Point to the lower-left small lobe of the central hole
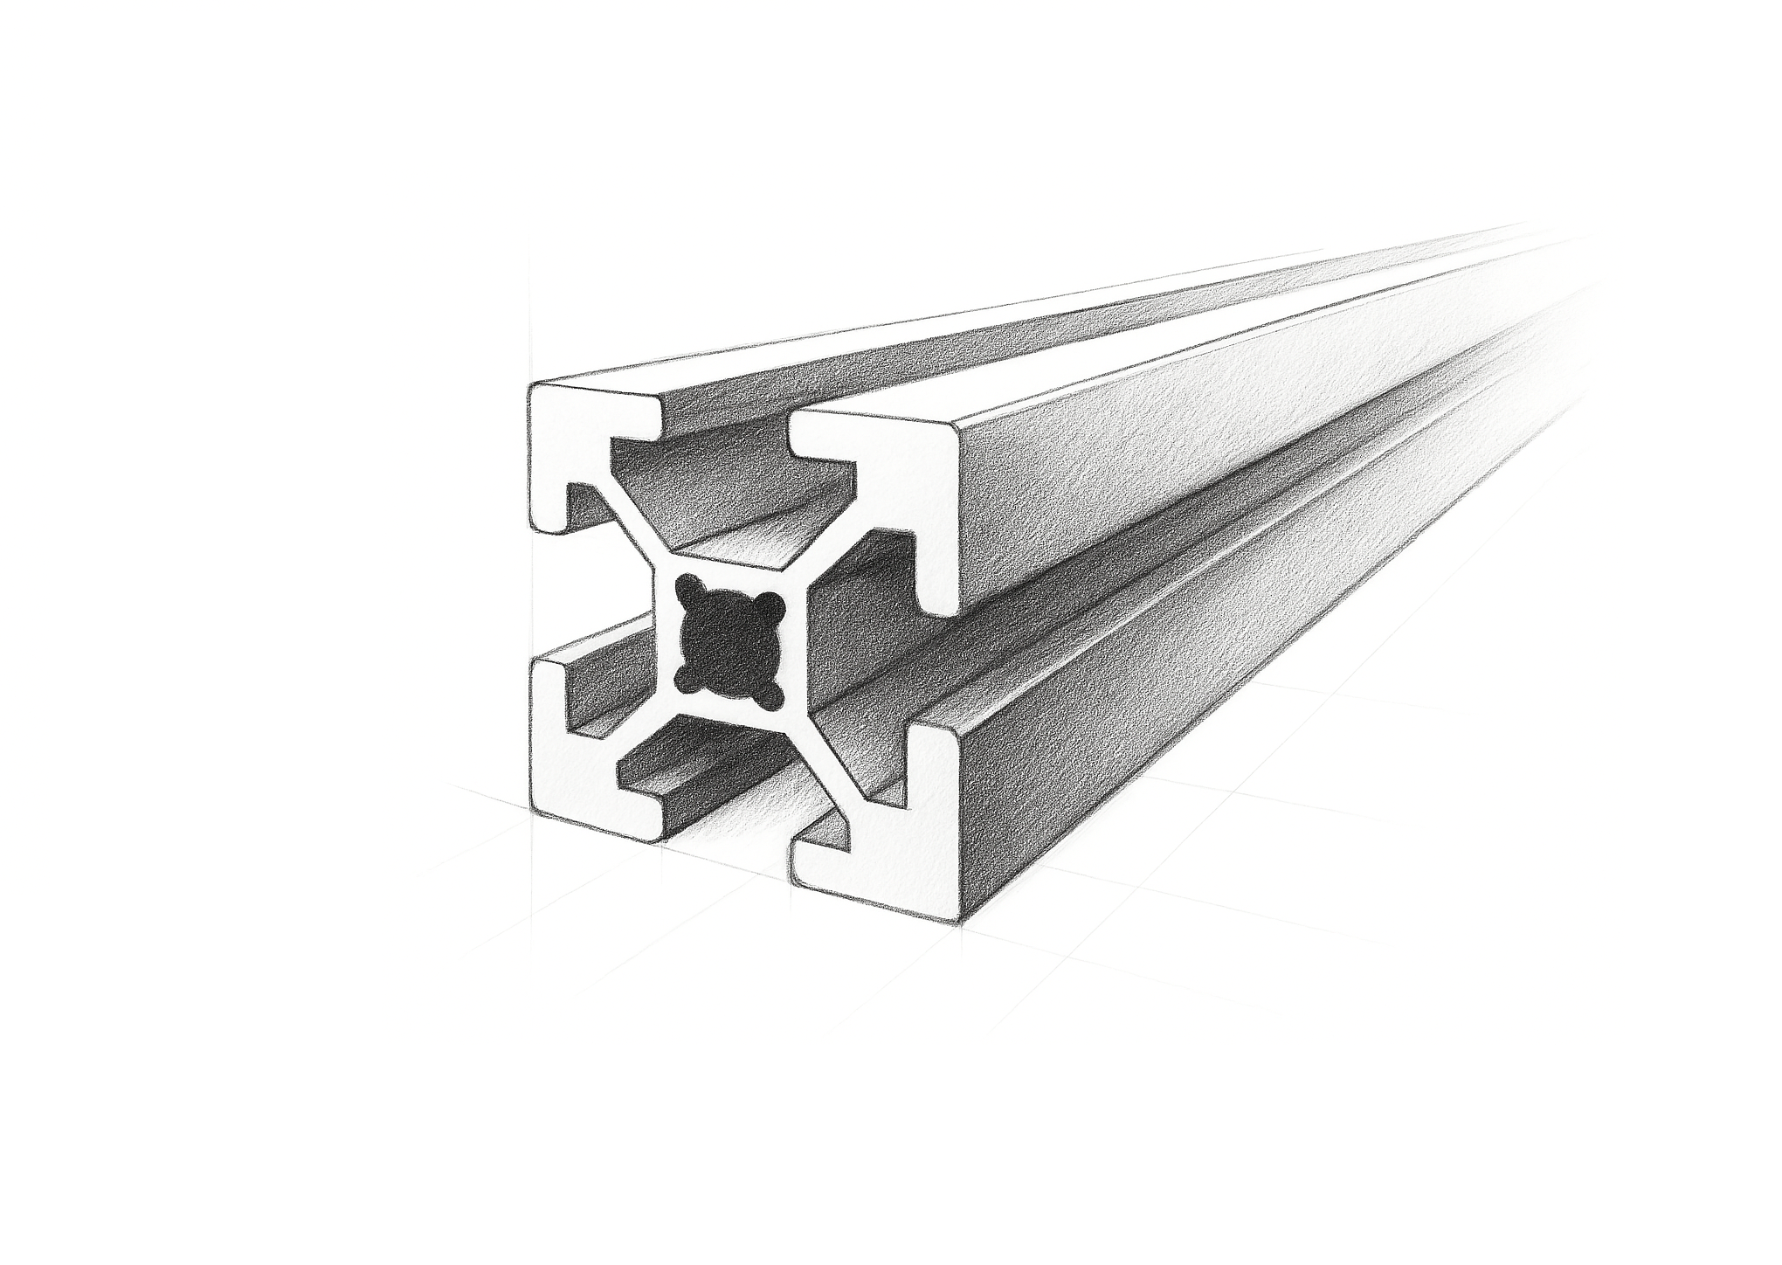[683, 674]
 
